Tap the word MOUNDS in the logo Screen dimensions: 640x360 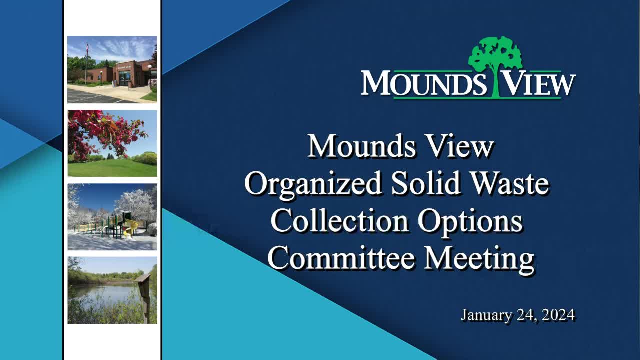(424, 83)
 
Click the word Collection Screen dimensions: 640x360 (339, 221)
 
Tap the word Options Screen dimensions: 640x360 (470, 222)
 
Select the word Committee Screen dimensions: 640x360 (341, 258)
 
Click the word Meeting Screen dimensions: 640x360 (479, 259)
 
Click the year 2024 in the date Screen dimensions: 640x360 (558, 315)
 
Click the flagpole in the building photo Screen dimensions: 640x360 (86, 63)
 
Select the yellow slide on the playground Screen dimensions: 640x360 (129, 228)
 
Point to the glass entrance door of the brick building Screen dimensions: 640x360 (125, 78)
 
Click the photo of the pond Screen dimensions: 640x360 (112, 290)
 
